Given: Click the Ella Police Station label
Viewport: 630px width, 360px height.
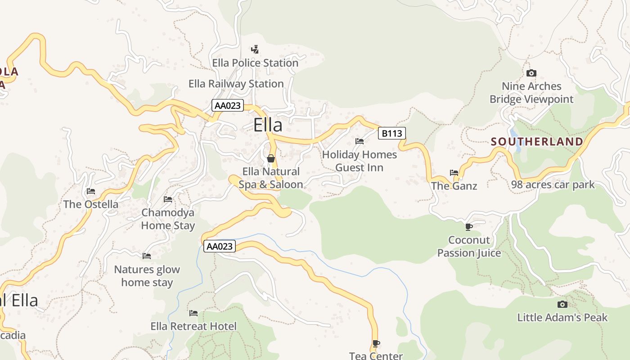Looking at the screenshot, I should [x=255, y=63].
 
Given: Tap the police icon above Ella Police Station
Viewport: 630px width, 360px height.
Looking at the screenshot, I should [x=255, y=49].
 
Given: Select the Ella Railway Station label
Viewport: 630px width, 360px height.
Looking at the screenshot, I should [x=236, y=84].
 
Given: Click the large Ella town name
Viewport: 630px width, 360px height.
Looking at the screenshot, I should [x=268, y=125].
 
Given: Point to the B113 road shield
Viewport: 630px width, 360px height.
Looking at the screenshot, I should [x=391, y=133].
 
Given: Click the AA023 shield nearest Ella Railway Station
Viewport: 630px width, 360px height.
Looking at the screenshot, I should [x=228, y=106].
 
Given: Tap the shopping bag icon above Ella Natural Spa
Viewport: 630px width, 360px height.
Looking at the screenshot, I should [x=271, y=158].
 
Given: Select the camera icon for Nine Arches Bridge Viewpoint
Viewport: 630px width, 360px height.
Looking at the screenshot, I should [x=531, y=73].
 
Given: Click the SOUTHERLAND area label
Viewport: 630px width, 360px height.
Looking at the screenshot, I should [x=537, y=142].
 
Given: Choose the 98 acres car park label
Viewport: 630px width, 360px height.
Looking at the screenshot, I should [x=553, y=184].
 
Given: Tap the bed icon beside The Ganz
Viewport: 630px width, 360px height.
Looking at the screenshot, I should [x=454, y=172].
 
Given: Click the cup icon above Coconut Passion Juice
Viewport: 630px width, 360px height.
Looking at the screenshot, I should [x=469, y=226].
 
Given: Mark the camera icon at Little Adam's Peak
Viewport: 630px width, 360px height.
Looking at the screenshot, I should [x=562, y=304].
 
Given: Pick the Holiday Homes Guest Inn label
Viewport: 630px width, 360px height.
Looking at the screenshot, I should [x=359, y=161].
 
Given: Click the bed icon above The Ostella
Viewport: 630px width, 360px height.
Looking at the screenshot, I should [x=91, y=191].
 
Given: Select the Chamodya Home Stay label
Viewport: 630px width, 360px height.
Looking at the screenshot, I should [x=168, y=219].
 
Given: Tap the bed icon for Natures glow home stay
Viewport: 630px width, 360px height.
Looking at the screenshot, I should [x=147, y=256].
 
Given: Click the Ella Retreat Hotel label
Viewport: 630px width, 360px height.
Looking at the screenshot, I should [x=193, y=326].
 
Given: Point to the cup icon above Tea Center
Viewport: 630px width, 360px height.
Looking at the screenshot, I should [x=376, y=343].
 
